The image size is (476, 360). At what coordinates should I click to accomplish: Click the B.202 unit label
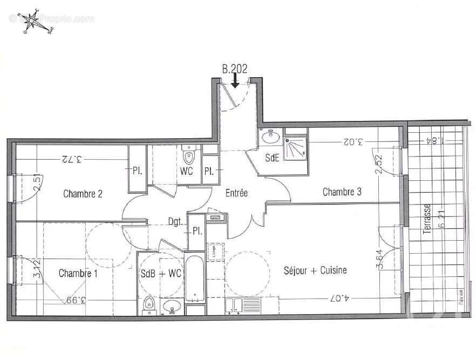pos(235,69)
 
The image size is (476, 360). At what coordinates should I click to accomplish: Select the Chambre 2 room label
pos(83,194)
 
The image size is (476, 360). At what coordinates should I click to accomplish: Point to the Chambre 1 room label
pos(78,273)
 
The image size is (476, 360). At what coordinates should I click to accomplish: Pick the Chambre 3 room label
pos(342,192)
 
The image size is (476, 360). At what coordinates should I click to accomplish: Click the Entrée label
pos(236,193)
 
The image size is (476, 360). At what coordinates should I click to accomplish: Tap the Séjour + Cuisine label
pos(315,270)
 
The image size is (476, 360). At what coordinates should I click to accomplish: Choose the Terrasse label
pos(427,219)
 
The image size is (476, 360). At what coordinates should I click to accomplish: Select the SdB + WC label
pos(161,274)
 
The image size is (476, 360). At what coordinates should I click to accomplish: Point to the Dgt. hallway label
pos(174,221)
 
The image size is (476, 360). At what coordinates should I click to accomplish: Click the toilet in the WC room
pos(188,157)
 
